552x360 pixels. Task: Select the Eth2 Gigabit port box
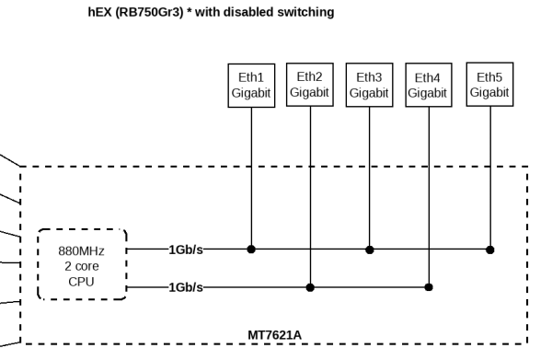click(310, 85)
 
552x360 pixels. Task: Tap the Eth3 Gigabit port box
click(369, 85)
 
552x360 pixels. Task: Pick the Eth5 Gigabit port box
click(489, 85)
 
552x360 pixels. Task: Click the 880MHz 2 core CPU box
click(81, 264)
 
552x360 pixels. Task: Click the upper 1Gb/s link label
click(186, 249)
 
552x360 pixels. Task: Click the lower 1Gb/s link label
click(186, 287)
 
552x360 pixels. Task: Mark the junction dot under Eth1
click(251, 249)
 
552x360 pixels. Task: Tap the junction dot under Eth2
click(310, 287)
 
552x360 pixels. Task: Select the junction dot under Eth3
click(369, 249)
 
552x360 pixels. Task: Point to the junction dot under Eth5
click(489, 249)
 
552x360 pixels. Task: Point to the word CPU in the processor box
click(81, 280)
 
